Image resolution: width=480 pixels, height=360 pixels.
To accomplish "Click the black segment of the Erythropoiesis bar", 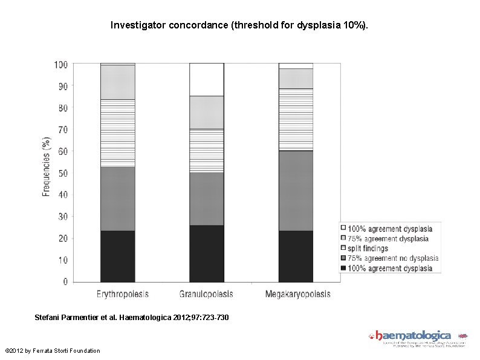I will (x=117, y=256).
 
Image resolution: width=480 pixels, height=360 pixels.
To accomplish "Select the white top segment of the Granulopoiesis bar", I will (x=206, y=79).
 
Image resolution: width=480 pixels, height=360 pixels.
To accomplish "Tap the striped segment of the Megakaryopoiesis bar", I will (x=296, y=119).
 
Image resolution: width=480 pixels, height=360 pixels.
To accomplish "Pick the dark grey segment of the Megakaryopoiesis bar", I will (x=296, y=191).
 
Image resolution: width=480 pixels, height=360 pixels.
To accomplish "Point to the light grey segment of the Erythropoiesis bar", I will (x=117, y=82).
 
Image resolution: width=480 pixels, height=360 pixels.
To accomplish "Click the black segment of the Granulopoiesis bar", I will (x=206, y=254).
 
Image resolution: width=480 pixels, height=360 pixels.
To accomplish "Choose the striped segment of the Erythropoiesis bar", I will (x=117, y=133).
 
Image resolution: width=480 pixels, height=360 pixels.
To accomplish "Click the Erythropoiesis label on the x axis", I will (x=123, y=295).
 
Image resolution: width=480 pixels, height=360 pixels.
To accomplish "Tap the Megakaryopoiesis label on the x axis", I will (x=298, y=295).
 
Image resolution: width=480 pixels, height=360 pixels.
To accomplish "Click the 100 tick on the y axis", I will (x=60, y=65).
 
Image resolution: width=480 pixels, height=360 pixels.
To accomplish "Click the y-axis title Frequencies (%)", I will (x=47, y=166).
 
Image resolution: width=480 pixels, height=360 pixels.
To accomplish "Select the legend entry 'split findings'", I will (x=368, y=249).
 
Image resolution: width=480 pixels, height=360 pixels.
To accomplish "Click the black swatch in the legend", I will (x=343, y=268).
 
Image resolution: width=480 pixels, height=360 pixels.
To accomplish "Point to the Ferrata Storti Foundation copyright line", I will (x=52, y=351).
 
